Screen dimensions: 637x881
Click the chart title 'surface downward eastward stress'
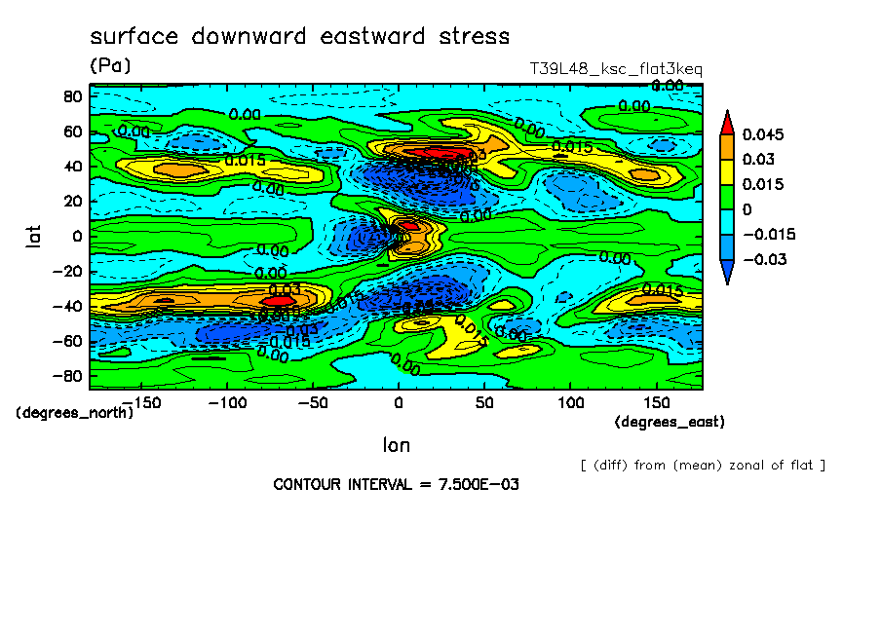(299, 37)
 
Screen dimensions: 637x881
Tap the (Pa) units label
(109, 66)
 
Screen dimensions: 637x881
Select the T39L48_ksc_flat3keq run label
(615, 69)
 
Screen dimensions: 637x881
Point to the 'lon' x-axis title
(396, 445)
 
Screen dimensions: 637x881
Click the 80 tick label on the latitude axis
(72, 95)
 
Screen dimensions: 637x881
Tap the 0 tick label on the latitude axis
(76, 236)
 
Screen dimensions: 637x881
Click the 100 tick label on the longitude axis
(570, 401)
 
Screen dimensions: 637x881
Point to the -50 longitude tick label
(313, 401)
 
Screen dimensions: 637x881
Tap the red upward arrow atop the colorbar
(726, 121)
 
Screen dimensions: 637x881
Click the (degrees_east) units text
(670, 422)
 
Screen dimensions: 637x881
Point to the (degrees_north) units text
(74, 412)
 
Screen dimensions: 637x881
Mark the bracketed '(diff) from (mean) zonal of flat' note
(703, 465)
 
